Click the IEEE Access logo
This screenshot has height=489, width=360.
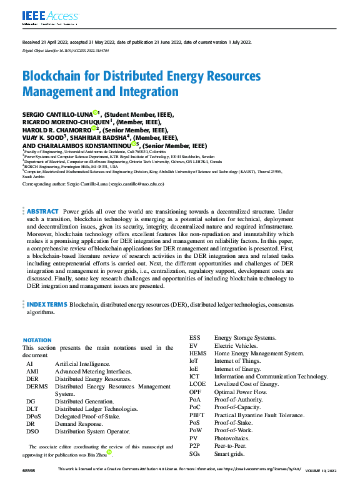pyautogui.click(x=43, y=16)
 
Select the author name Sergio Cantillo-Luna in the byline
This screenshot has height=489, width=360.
pyautogui.click(x=57, y=116)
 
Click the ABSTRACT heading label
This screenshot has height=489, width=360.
pyautogui.click(x=43, y=212)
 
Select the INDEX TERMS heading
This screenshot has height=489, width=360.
pyautogui.click(x=47, y=304)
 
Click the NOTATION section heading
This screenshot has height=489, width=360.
pyautogui.click(x=37, y=340)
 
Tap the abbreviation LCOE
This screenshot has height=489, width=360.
pyautogui.click(x=198, y=384)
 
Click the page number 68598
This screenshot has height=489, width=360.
pyautogui.click(x=29, y=485)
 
